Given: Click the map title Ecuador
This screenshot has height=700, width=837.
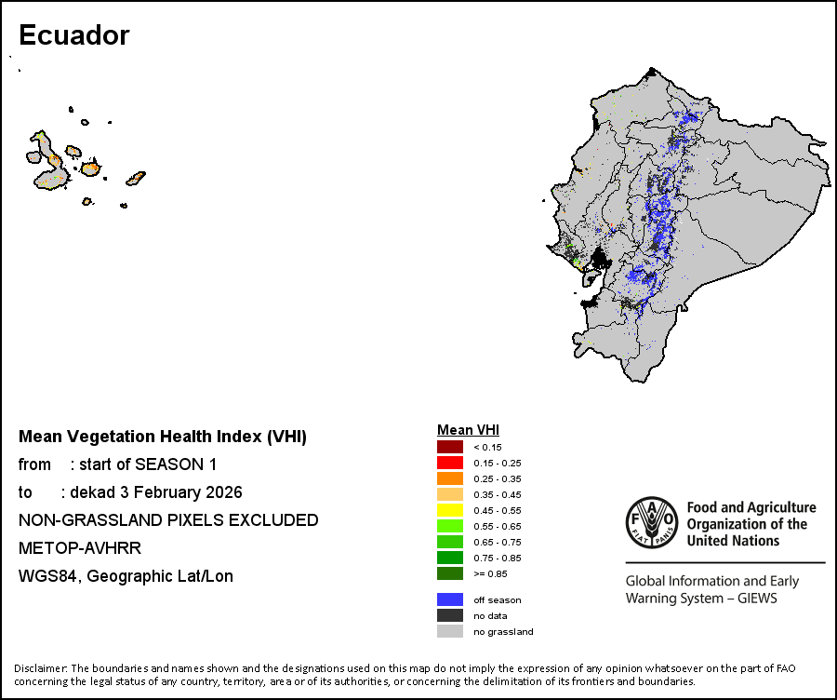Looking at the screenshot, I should point(73,35).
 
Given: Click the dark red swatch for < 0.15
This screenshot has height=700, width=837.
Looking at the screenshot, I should point(450,447).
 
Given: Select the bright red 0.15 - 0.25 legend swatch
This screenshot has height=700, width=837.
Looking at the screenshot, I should point(450,463).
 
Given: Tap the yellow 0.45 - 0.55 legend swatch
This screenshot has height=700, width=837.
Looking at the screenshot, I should point(450,510).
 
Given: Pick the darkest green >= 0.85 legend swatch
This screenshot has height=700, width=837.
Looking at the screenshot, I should point(450,573).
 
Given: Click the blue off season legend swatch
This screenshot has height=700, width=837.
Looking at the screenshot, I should point(450,599).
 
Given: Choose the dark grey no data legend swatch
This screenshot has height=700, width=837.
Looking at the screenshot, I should point(450,615).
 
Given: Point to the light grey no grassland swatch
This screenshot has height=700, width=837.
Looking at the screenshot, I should point(450,631).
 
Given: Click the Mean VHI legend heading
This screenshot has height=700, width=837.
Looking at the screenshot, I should point(468,430).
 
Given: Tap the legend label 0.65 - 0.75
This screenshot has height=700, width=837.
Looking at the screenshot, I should point(498,542).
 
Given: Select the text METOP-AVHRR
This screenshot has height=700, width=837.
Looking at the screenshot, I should point(80,548).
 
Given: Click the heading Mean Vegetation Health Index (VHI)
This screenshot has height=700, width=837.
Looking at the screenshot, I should point(163,437).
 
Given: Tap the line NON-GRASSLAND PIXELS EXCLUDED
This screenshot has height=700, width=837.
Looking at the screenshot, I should point(168,520).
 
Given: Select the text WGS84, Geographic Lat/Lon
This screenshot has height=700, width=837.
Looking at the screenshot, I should point(126,576).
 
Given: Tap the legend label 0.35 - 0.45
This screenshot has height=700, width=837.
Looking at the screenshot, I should point(498,494).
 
